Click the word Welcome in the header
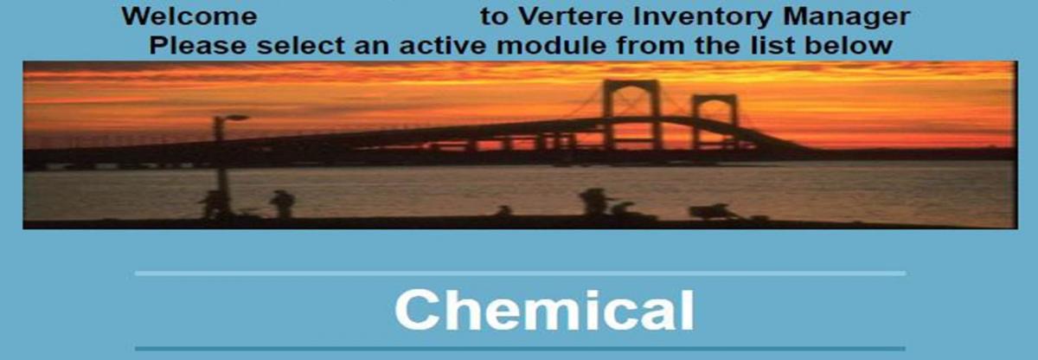189,16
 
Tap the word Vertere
570,16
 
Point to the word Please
198,45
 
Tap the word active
443,45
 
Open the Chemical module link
544,310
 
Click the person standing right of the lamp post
282,203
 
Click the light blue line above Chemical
521,273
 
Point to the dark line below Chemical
521,349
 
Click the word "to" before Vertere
494,17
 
